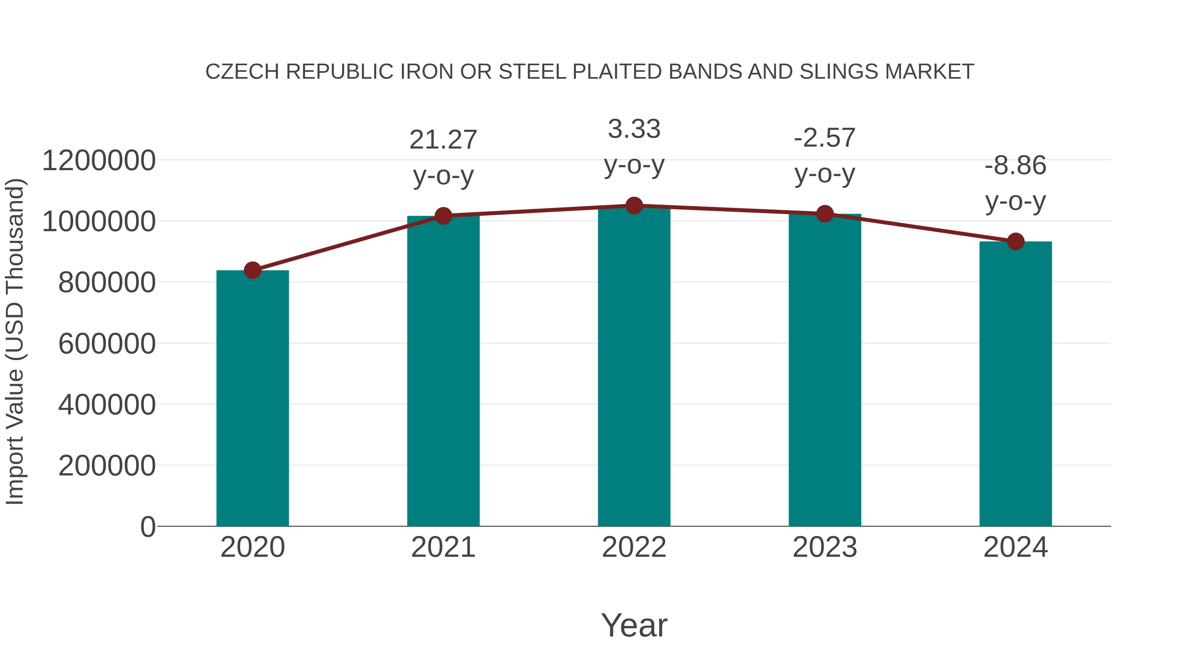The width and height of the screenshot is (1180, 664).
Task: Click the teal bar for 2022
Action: [x=634, y=367]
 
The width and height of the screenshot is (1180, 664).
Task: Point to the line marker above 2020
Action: [x=252, y=271]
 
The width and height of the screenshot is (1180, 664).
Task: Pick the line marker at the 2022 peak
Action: [x=634, y=206]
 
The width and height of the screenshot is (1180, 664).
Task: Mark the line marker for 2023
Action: [x=825, y=213]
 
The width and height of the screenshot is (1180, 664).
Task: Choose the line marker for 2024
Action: [x=1015, y=241]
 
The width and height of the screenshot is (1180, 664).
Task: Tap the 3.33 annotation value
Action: [x=634, y=129]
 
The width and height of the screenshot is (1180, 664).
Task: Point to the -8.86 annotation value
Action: [x=1015, y=166]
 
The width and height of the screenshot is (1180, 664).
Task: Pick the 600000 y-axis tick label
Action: [x=107, y=344]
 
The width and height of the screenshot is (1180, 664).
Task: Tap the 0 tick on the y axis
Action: [x=148, y=527]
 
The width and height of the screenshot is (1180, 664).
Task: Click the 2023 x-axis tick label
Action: [x=825, y=547]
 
